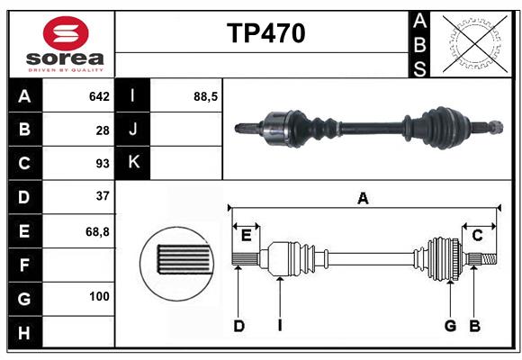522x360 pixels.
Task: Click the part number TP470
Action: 265,33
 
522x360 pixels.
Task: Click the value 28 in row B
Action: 103,130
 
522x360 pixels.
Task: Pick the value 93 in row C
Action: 102,164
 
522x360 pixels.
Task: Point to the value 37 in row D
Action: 102,197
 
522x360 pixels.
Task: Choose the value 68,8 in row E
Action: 97,231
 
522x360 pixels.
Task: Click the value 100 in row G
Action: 99,296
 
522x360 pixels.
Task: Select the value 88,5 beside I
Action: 206,96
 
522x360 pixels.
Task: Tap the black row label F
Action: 24,265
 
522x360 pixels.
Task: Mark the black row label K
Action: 133,163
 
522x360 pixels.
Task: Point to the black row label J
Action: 133,130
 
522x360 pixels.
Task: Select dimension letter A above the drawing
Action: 364,198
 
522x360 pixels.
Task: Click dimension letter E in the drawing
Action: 246,236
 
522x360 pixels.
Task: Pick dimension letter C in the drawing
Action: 478,236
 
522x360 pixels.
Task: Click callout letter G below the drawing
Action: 450,326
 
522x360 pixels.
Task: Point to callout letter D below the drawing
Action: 238,326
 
